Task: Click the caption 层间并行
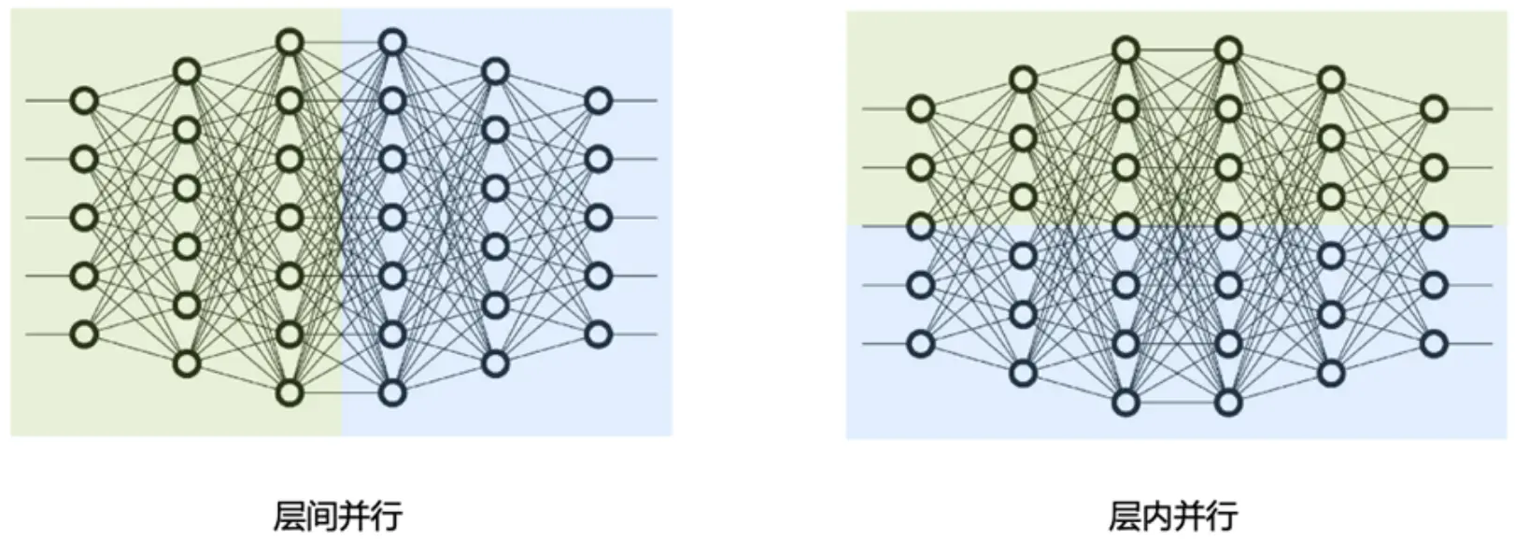338,516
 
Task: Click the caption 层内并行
1174,516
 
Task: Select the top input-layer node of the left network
85,101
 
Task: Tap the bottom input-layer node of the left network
85,334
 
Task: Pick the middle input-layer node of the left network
85,218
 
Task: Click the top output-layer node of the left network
598,101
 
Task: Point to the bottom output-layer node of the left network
598,334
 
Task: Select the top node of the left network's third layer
290,42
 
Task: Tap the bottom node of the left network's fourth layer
392,392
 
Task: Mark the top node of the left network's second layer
188,72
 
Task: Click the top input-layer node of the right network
921,109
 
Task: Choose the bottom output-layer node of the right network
1434,344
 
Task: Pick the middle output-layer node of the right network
1434,226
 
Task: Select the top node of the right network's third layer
1126,50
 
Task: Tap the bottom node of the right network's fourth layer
1229,402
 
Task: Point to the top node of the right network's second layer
1024,79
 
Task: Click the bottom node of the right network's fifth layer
1331,373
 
